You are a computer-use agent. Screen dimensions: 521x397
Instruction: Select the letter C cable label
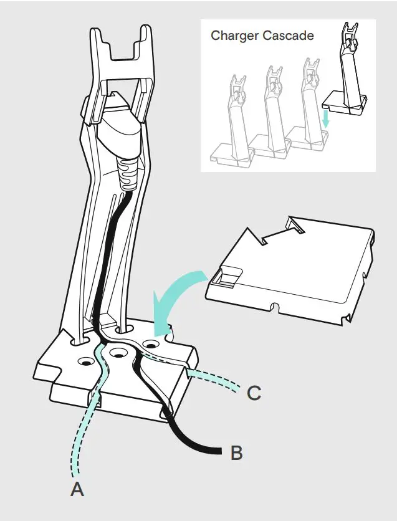(254, 394)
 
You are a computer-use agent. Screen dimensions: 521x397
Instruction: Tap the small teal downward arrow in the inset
(325, 118)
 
